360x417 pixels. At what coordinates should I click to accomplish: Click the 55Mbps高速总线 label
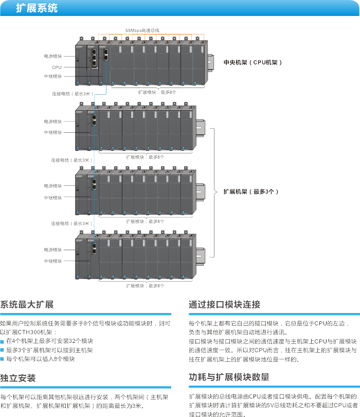142,30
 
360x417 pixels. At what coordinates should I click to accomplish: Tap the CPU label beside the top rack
57,67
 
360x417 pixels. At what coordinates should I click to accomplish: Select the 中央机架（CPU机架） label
253,62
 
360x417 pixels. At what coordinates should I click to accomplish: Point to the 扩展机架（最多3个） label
251,191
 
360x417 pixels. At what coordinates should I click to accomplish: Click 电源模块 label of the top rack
52,56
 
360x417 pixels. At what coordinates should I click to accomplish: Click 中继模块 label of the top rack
52,76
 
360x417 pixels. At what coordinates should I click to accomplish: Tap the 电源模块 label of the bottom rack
52,249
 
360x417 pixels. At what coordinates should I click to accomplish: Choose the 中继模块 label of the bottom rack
52,261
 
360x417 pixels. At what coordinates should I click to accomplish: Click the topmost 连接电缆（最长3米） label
71,94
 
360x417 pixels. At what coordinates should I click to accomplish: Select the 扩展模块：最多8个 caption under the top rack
157,92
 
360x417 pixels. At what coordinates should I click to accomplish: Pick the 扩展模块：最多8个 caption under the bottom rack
145,285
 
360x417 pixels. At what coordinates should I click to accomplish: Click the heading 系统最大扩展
27,304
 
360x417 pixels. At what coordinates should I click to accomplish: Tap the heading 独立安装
18,378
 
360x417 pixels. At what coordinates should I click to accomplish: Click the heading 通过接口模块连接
224,304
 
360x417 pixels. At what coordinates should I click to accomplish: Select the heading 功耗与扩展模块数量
229,377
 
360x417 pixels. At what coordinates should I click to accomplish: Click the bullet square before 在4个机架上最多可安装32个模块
2,341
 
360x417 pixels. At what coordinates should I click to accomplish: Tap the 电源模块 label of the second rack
52,121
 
